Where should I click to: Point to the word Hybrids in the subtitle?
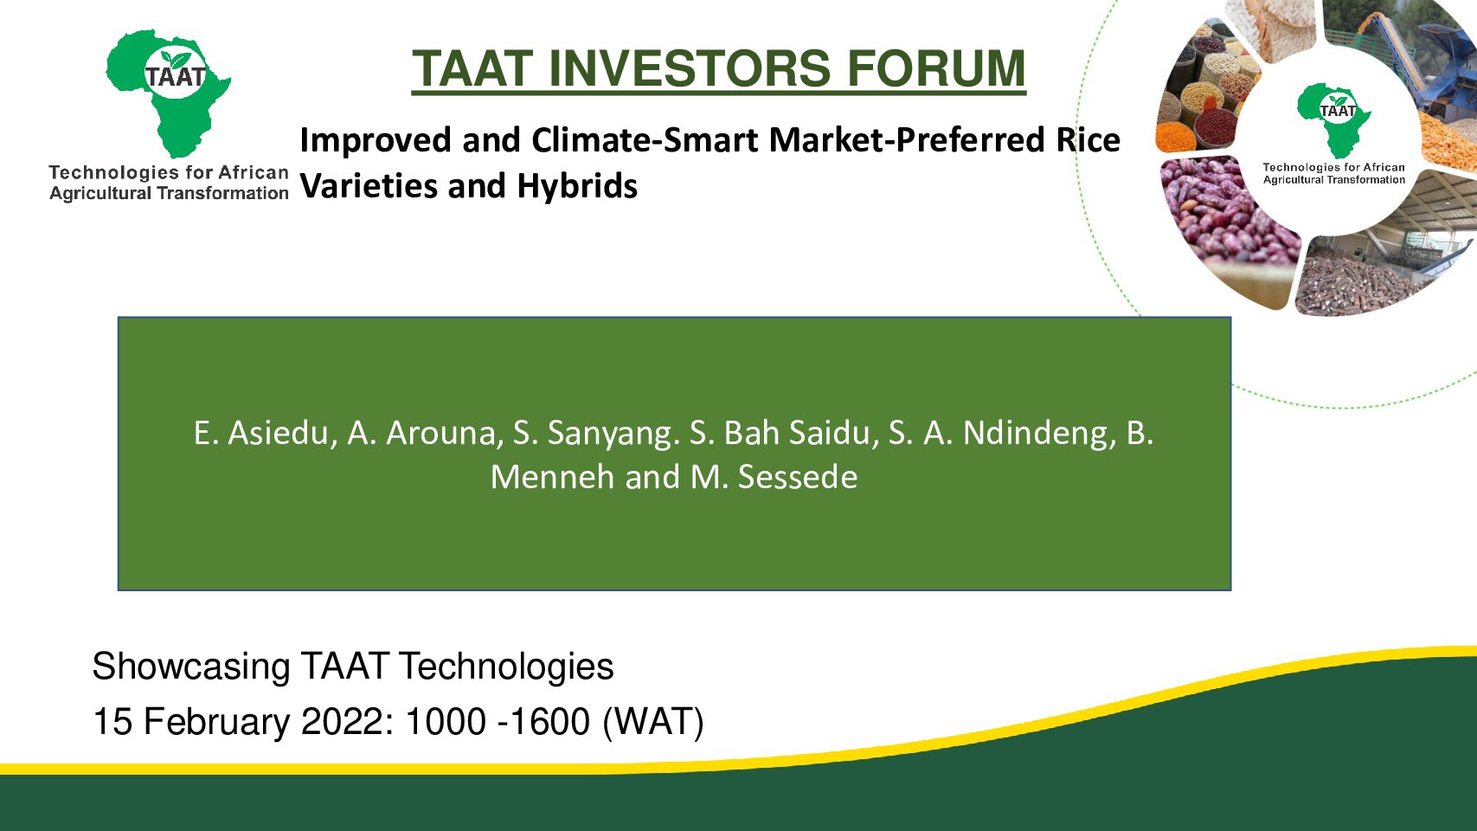pyautogui.click(x=577, y=186)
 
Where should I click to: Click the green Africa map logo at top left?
pyautogui.click(x=169, y=93)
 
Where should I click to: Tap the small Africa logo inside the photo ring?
pyautogui.click(x=1333, y=119)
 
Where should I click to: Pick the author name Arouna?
pyautogui.click(x=440, y=434)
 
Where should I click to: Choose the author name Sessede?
pyautogui.click(x=797, y=477)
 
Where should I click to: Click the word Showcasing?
pyautogui.click(x=191, y=667)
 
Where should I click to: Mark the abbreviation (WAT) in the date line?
pyautogui.click(x=652, y=722)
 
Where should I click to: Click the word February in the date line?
pyautogui.click(x=216, y=722)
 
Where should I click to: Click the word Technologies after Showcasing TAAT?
pyautogui.click(x=506, y=667)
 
